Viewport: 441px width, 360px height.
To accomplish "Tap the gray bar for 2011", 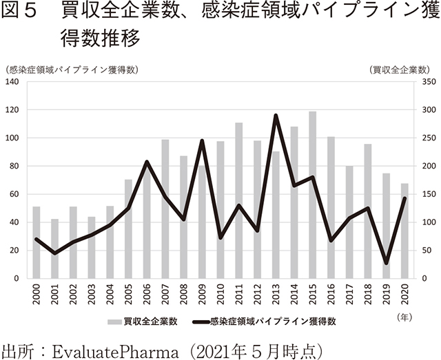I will (239, 200).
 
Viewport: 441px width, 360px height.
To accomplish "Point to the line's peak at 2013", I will (276, 115).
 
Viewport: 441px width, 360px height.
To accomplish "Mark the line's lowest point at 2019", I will (386, 264).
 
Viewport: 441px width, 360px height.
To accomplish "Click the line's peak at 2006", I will (147, 162).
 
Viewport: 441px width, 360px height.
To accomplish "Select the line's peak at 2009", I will (202, 140).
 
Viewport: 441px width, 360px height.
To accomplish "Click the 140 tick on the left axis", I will (12, 82).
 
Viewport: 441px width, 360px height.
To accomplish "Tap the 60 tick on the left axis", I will (14, 195).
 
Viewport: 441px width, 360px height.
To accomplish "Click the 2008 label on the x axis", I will (183, 295).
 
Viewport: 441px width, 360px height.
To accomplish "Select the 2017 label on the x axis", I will (349, 295).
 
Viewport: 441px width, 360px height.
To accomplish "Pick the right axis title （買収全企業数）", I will (399, 69).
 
